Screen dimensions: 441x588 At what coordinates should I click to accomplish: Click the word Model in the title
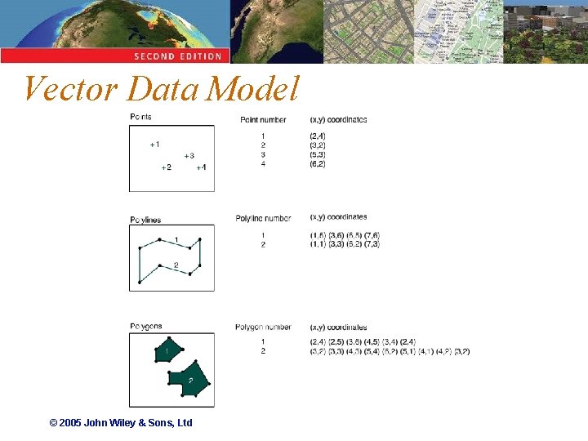pyautogui.click(x=253, y=89)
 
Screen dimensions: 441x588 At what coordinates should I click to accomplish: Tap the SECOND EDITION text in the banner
pyautogui.click(x=178, y=56)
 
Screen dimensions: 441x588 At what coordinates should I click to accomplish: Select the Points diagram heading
pyautogui.click(x=140, y=117)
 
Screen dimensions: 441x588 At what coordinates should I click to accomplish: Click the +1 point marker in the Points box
pyautogui.click(x=154, y=145)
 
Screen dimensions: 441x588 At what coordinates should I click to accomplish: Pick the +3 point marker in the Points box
pyautogui.click(x=189, y=155)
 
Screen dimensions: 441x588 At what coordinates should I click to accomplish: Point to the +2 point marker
pyautogui.click(x=166, y=167)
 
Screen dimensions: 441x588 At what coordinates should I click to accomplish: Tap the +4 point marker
pyautogui.click(x=201, y=167)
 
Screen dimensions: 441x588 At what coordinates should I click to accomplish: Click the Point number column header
pyautogui.click(x=263, y=120)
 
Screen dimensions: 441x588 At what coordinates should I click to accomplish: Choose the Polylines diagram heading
pyautogui.click(x=145, y=220)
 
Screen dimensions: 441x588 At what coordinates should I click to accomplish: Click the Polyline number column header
pyautogui.click(x=263, y=218)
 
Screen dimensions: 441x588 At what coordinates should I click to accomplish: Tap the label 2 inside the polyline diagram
pyautogui.click(x=176, y=265)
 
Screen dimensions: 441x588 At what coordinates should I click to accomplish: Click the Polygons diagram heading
pyautogui.click(x=146, y=327)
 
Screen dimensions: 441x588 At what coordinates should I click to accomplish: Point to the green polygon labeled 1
pyautogui.click(x=167, y=350)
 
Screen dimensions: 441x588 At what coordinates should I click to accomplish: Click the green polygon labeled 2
pyautogui.click(x=191, y=379)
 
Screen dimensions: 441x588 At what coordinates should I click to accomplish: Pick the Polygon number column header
pyautogui.click(x=263, y=327)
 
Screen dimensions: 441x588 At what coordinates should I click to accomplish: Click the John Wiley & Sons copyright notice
pyautogui.click(x=121, y=423)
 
